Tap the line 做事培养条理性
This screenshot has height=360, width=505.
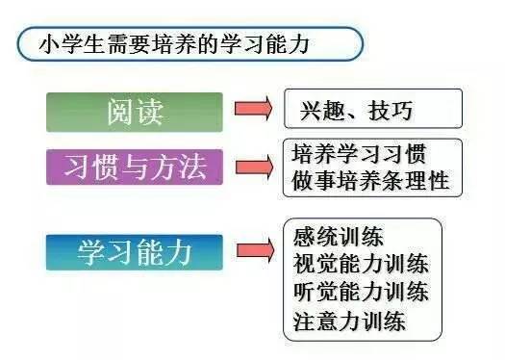pos(368,179)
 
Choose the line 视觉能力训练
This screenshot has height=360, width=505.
pos(360,264)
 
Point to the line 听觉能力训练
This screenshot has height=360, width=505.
pos(360,292)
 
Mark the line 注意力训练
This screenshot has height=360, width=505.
pos(349,320)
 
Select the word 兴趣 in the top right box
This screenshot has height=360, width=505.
pos(316,110)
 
